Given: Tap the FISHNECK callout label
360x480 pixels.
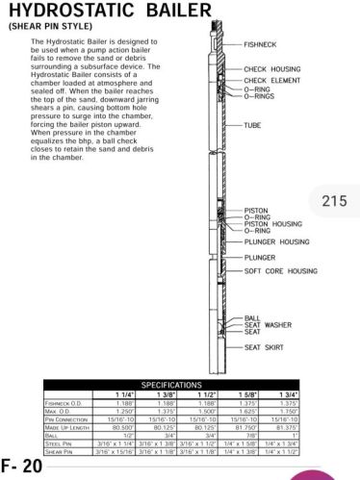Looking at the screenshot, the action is [x=260, y=44].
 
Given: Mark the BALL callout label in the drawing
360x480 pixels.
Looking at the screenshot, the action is [x=252, y=317].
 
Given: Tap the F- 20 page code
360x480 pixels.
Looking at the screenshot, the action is [x=21, y=466].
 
